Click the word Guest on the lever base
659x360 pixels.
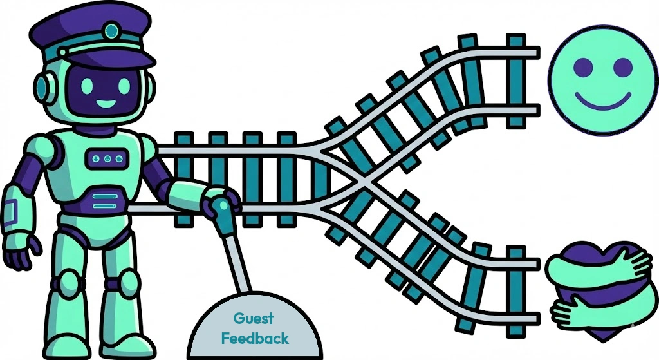[253, 317]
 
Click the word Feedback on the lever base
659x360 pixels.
[255, 337]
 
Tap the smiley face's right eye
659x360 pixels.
[622, 66]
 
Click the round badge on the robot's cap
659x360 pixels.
[112, 30]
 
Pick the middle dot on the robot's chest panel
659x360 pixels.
[107, 158]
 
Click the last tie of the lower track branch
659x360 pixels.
[515, 283]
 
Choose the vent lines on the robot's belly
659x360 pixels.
[105, 201]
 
